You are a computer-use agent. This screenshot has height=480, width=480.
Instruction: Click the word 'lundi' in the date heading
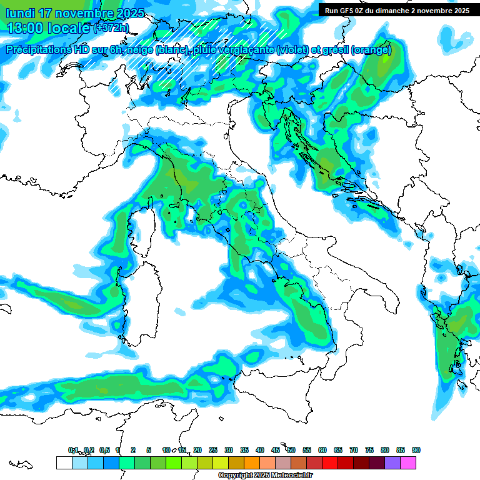[x=19, y=13]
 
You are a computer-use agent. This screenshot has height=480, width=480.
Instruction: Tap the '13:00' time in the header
[x=24, y=28]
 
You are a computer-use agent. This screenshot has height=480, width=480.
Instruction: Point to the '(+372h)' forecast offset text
[x=112, y=28]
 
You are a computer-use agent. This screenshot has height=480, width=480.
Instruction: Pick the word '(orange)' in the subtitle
[x=371, y=50]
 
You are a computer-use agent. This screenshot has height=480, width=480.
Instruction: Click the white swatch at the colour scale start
[x=64, y=462]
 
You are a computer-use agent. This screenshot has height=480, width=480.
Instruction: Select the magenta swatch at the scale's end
[x=408, y=462]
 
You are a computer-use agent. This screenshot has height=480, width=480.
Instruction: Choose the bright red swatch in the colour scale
[x=330, y=462]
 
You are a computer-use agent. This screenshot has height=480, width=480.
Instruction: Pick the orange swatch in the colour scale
[x=252, y=462]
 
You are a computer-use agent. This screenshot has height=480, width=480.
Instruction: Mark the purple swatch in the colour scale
[x=392, y=462]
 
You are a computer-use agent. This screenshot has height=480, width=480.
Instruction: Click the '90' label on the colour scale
[x=416, y=450]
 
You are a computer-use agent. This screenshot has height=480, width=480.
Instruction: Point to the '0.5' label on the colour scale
[x=104, y=450]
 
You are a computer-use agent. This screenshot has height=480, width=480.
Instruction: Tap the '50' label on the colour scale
[x=291, y=450]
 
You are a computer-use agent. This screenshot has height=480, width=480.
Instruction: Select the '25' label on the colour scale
[x=213, y=450]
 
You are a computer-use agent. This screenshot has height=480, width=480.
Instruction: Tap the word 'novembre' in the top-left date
[x=84, y=13]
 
